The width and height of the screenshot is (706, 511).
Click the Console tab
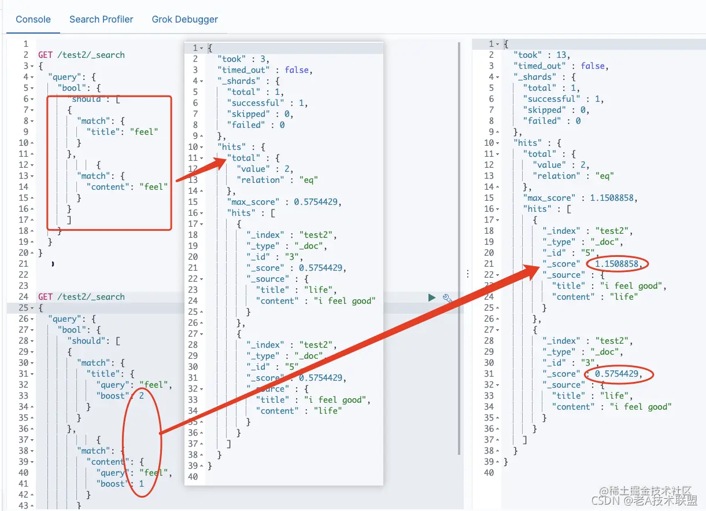coord(33,19)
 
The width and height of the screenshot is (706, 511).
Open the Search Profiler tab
coord(101,19)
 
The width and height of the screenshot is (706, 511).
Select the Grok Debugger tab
coord(184,19)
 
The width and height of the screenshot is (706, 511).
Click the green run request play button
coord(432,297)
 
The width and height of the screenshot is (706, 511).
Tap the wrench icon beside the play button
coord(447,298)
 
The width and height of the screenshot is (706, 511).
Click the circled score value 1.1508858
coord(616,264)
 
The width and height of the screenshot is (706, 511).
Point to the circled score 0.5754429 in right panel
coord(616,374)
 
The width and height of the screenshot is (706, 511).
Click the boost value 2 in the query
coord(142,396)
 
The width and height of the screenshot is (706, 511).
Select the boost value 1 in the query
coord(142,484)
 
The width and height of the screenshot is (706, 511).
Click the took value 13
coord(561,55)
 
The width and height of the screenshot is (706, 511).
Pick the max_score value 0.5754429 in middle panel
coord(316,202)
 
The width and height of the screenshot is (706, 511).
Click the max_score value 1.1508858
coord(611,198)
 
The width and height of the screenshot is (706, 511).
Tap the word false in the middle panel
coord(297,69)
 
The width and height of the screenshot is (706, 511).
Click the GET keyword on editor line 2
coord(45,55)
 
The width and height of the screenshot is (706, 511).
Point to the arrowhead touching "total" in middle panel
coord(225,160)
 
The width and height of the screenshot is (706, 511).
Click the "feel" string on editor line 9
coord(144,131)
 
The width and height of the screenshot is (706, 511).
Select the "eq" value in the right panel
coord(604,176)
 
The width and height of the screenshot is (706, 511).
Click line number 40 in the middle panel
coord(193,477)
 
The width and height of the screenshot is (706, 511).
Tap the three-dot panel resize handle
coord(468,274)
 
